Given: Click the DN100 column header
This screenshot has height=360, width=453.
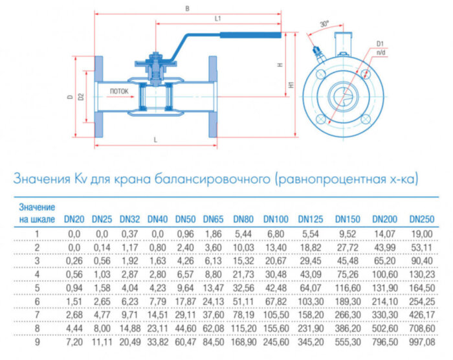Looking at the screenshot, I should (x=276, y=219).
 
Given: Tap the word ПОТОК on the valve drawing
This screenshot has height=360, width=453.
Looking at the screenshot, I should (x=119, y=91).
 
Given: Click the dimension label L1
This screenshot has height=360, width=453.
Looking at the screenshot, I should (x=218, y=19).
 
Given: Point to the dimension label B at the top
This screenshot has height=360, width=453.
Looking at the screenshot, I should (x=187, y=9).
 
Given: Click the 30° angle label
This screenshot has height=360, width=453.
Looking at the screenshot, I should (x=324, y=24).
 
